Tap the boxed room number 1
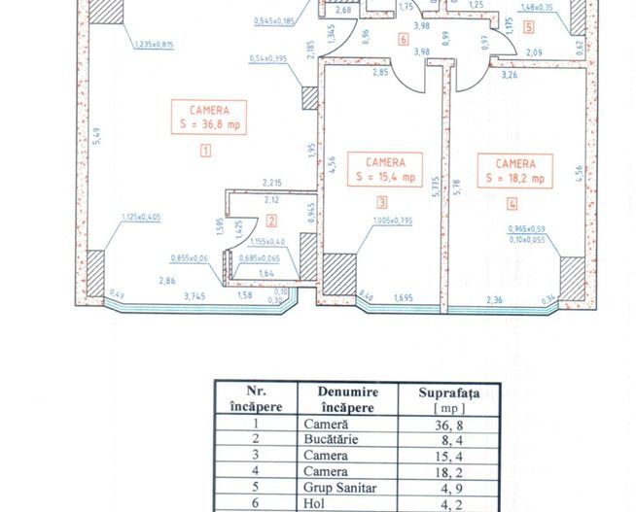click(x=205, y=150)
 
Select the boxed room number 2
click(x=271, y=220)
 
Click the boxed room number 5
click(x=528, y=28)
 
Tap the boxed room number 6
click(x=403, y=40)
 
